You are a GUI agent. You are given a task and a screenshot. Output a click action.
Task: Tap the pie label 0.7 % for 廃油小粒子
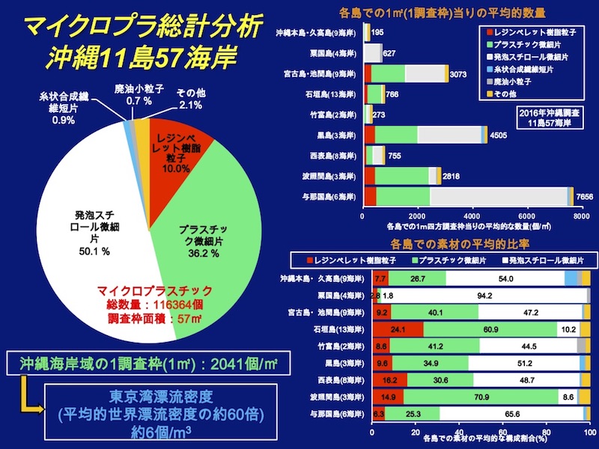tap(139, 100)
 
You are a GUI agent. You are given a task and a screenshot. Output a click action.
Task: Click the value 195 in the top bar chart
tap(377, 33)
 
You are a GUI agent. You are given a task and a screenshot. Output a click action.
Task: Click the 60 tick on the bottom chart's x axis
tap(502, 433)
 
